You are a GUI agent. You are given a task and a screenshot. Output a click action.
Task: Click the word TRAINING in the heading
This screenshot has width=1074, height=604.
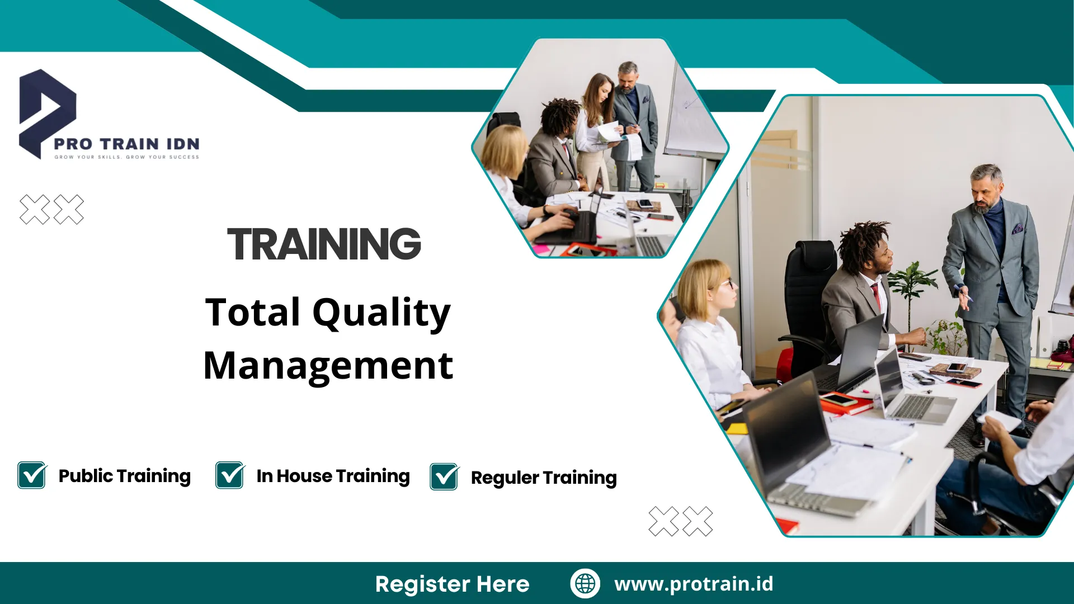coord(324,244)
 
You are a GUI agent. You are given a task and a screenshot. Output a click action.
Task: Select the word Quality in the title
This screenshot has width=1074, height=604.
coord(381,313)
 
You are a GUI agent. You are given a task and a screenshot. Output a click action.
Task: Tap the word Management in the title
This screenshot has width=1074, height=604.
coord(328,366)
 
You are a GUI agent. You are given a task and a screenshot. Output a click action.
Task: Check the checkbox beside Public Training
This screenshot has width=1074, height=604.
coord(32,475)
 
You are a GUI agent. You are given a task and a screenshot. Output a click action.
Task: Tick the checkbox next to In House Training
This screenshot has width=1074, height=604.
coord(230,475)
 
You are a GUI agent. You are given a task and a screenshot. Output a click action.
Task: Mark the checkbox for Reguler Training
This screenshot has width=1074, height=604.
coord(445,477)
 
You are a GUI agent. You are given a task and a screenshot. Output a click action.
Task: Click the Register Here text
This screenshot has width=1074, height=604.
coord(453,584)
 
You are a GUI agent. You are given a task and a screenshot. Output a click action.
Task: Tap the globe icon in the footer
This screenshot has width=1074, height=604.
coord(585,583)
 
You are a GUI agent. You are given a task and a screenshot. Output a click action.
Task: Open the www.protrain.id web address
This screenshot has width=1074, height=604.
coord(694,584)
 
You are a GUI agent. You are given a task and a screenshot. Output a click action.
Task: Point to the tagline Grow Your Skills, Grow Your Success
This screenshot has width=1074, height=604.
coord(127,157)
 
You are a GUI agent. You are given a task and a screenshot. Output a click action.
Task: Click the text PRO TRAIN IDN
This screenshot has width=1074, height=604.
coord(127,144)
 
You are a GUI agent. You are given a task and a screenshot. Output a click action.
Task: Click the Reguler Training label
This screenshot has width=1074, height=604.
coord(544,478)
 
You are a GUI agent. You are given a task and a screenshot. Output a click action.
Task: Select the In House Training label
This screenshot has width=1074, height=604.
coord(333,476)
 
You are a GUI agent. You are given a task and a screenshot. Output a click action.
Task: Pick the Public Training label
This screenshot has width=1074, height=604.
coord(125,476)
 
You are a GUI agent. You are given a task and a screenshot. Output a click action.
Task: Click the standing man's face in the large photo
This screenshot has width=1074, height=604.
coord(986,194)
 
